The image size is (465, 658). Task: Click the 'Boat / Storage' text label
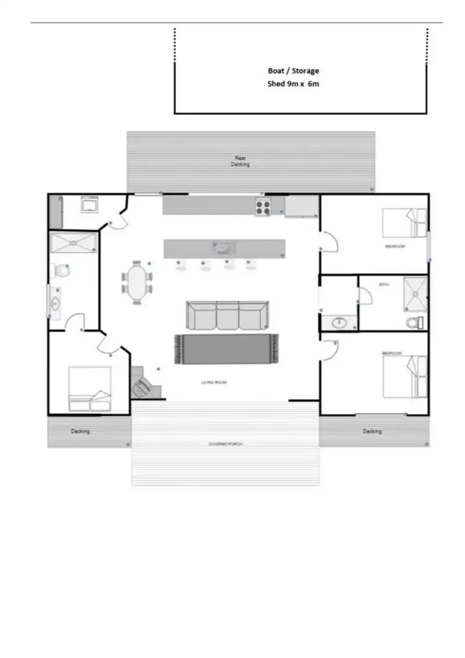[x=293, y=71]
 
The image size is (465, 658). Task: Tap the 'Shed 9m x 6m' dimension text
[x=293, y=84]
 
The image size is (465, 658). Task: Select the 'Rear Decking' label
[x=241, y=161]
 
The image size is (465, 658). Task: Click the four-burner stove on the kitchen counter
[x=263, y=207]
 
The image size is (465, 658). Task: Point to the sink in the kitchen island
[x=223, y=248]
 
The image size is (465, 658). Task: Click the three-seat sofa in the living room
[x=227, y=315]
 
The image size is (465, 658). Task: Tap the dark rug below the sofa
[x=227, y=349]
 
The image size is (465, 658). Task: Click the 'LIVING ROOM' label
[x=214, y=382]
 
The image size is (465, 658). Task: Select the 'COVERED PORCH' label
[x=224, y=444]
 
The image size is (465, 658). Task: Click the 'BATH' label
[x=383, y=285]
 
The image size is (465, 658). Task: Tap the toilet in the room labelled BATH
[x=414, y=322]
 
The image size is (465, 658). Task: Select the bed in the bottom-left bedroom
[x=90, y=389]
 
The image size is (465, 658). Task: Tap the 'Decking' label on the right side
[x=372, y=431]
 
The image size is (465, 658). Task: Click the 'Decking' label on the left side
[x=81, y=431]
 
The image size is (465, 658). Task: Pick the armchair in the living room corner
[x=141, y=388]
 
